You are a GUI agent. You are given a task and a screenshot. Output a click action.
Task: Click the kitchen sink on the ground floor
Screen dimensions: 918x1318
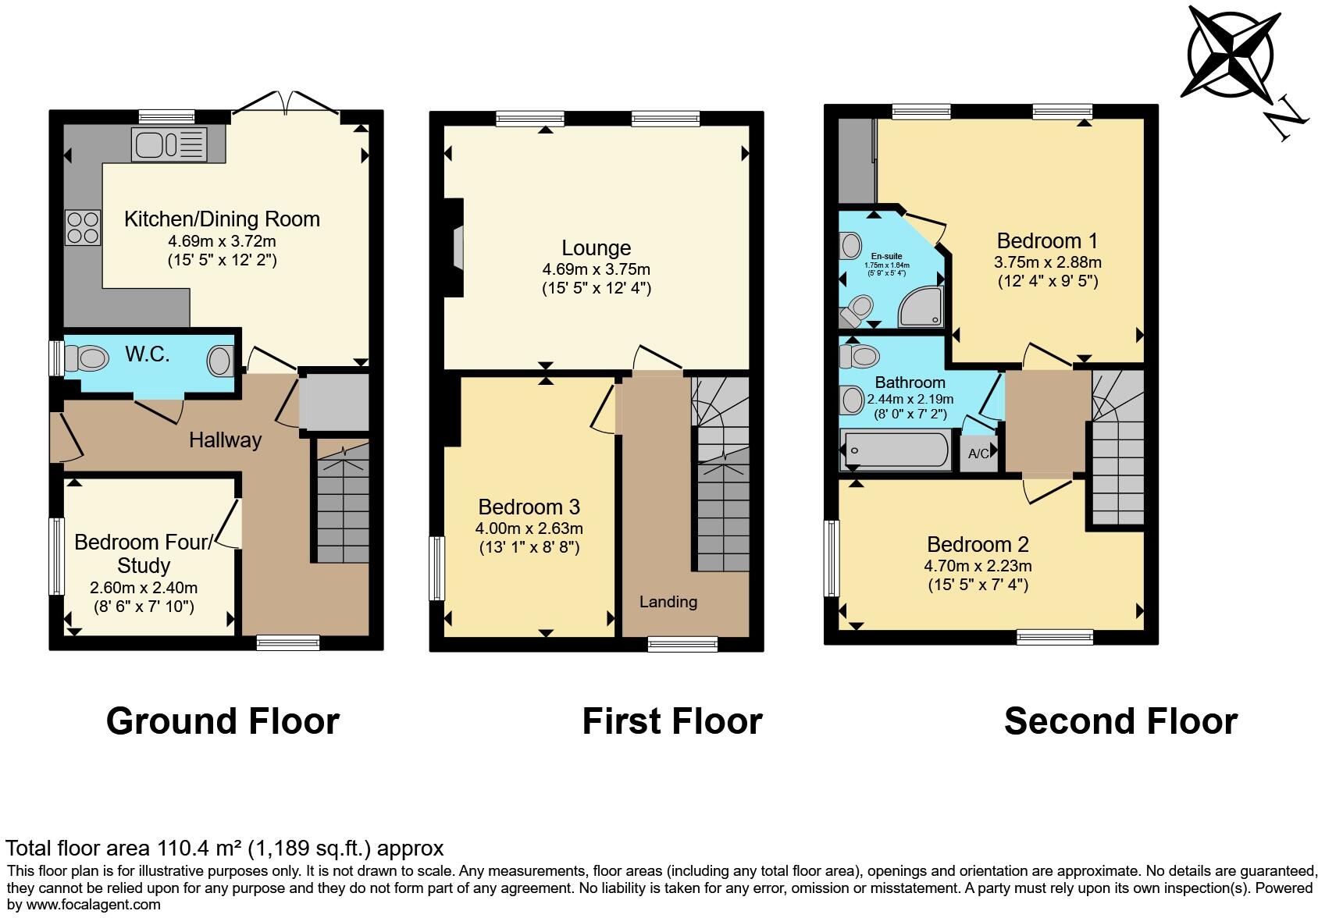pos(169,145)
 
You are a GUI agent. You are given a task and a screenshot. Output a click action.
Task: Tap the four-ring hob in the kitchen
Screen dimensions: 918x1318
pos(83,227)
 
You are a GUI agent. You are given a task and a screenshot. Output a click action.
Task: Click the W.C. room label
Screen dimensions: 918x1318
pos(148,354)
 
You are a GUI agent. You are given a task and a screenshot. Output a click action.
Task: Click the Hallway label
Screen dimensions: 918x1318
pos(225,440)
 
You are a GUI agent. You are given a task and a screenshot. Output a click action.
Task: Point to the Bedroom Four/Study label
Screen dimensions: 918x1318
pos(143,553)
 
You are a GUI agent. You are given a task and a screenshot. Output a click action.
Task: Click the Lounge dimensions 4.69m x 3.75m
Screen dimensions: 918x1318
pos(596,269)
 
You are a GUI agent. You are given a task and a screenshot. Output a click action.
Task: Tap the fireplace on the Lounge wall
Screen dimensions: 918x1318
pos(455,248)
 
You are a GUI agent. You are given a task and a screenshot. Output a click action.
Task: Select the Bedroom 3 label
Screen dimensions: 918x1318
pos(529,507)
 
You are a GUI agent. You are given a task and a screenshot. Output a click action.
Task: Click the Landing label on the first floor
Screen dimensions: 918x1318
pos(668,602)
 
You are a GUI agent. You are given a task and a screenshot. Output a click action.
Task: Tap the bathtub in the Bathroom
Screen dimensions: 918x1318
pos(895,450)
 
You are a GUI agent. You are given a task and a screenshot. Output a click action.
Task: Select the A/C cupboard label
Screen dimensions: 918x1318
pos(978,454)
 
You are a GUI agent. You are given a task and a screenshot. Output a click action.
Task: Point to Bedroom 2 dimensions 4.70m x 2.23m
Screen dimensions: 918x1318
pos(978,566)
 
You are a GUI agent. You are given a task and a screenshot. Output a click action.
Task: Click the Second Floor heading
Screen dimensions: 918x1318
pos(1120,721)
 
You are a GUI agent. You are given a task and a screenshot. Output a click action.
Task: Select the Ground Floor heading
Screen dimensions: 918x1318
pos(223,721)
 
